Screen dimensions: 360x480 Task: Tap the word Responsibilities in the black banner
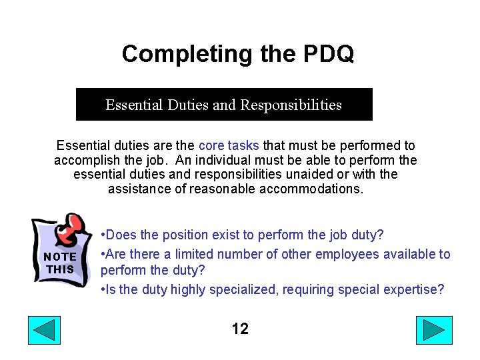click(291, 105)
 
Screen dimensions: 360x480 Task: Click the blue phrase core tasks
click(229, 145)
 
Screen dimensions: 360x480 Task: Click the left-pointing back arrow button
click(44, 331)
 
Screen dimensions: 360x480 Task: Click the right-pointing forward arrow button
click(434, 331)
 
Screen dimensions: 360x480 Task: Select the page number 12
click(240, 329)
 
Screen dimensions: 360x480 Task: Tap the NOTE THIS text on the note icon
click(60, 263)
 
